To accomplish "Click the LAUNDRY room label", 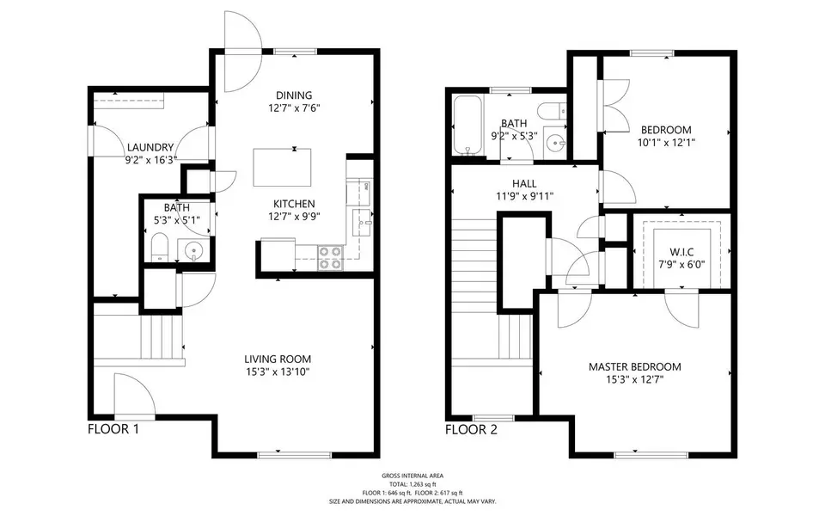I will click(151, 147).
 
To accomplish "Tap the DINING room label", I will click(294, 95).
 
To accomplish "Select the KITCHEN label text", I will click(294, 204).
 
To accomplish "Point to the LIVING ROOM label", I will click(277, 359).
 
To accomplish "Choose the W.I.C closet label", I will click(675, 252).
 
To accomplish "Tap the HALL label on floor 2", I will click(524, 183).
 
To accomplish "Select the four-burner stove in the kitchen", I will click(330, 257).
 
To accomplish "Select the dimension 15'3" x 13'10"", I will click(277, 372).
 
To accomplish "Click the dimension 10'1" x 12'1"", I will click(665, 143).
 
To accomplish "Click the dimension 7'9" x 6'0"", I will click(675, 264).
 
